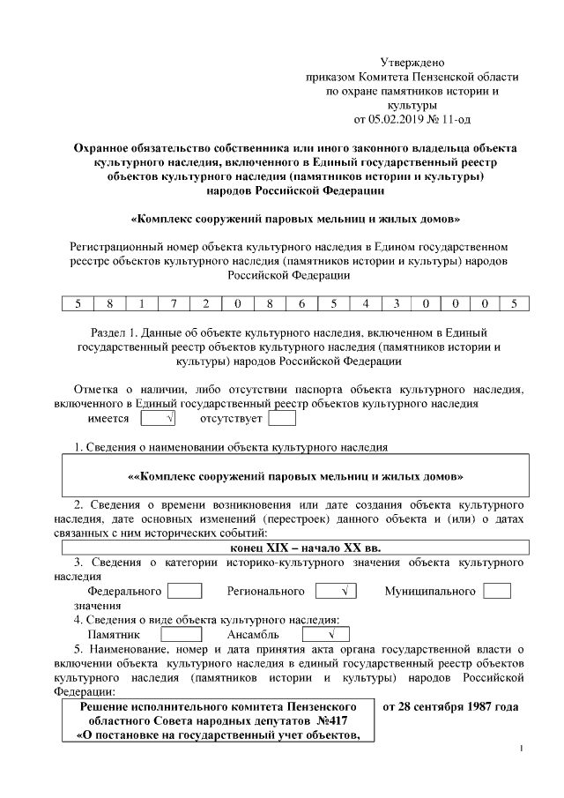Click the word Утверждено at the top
pyautogui.click(x=412, y=63)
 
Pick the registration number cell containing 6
pyautogui.click(x=301, y=303)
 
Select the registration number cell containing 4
pyautogui.click(x=365, y=303)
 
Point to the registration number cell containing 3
pyautogui.click(x=397, y=303)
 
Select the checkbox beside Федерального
pyautogui.click(x=184, y=591)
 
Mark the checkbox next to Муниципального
pyautogui.click(x=497, y=591)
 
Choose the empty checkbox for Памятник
pyautogui.click(x=182, y=634)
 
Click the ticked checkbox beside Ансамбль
pyautogui.click(x=321, y=634)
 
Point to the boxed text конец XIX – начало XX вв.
pyautogui.click(x=293, y=547)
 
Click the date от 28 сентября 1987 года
pyautogui.click(x=449, y=707)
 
